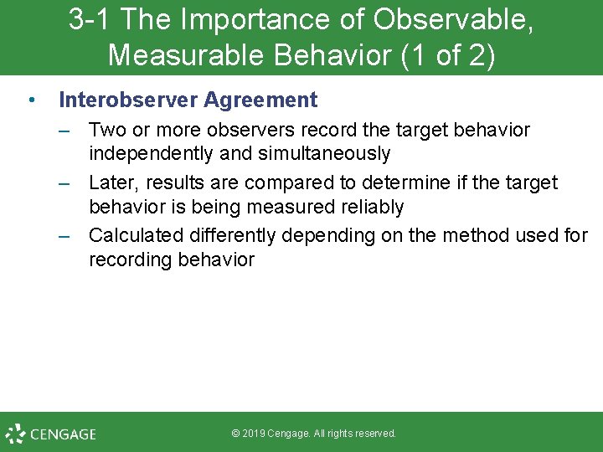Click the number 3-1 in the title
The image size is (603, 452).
point(86,20)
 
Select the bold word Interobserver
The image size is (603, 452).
point(128,100)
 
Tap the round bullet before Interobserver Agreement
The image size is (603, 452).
point(30,100)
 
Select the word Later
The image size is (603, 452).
point(112,182)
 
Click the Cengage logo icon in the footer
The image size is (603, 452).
point(15,434)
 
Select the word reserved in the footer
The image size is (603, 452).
point(374,434)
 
